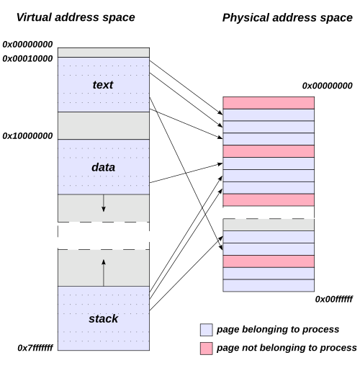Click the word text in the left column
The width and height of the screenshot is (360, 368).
[x=103, y=85]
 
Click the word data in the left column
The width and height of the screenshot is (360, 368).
[x=103, y=167]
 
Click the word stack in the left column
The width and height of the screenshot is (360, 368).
[x=103, y=318]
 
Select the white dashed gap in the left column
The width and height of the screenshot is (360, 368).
[x=103, y=235]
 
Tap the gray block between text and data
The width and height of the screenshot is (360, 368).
[x=103, y=125]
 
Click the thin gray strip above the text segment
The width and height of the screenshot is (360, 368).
[x=103, y=53]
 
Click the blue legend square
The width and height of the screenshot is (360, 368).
[x=207, y=330]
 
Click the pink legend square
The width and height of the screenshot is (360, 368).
[x=207, y=349]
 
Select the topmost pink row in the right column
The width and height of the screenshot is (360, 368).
[x=269, y=103]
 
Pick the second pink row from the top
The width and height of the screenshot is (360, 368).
[x=269, y=151]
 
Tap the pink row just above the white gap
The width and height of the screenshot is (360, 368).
[x=269, y=199]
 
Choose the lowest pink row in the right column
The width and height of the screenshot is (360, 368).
[x=269, y=261]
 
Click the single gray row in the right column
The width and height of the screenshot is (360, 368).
[x=269, y=225]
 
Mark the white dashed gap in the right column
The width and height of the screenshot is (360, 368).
[x=269, y=212]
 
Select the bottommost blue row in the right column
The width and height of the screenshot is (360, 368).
[x=269, y=285]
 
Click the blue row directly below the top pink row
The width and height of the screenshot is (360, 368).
[x=269, y=115]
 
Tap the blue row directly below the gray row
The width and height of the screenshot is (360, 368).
[x=269, y=237]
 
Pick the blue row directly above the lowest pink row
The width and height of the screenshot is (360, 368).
[x=269, y=249]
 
